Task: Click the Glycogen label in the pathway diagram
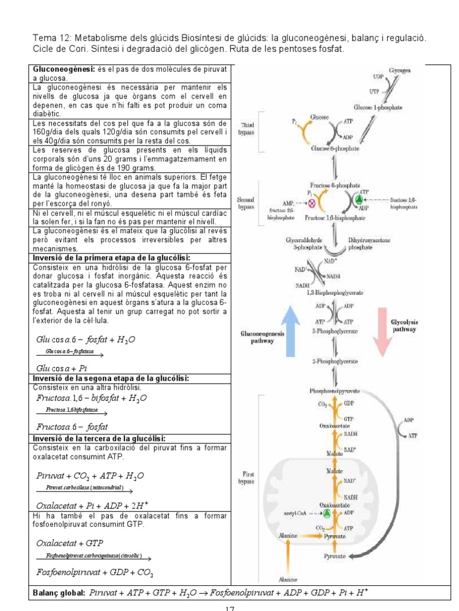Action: click(400, 70)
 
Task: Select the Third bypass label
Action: click(247, 128)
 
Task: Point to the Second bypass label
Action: click(246, 203)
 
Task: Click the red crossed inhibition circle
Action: click(311, 202)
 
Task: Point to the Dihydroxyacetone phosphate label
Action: click(365, 242)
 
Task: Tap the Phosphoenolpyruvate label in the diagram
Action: click(334, 391)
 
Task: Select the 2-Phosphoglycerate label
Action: click(334, 362)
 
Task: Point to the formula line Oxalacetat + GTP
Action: click(69, 543)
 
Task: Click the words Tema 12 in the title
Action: click(50, 38)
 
